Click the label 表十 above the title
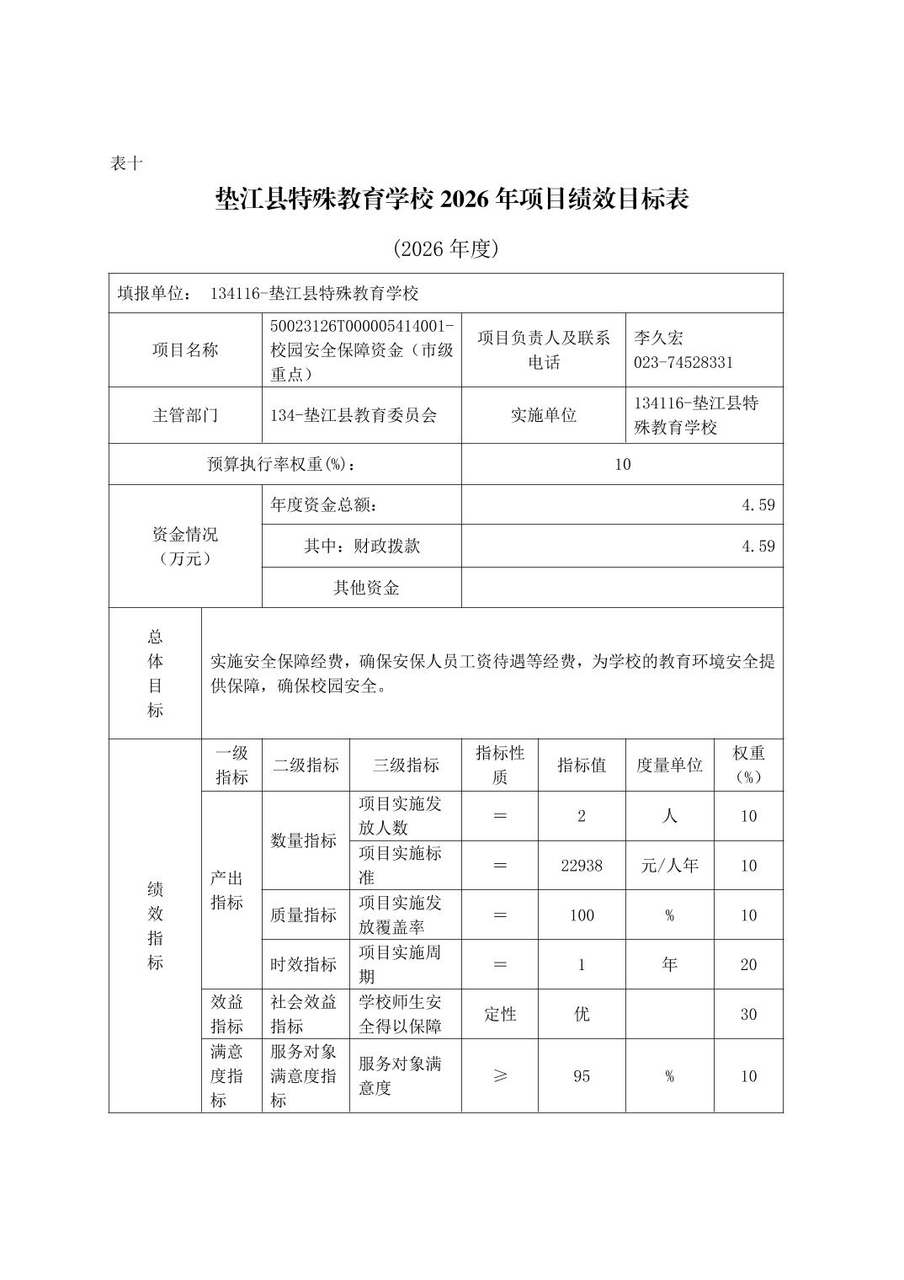click(x=126, y=163)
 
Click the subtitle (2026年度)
click(x=446, y=248)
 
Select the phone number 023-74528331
click(x=683, y=362)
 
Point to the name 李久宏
click(x=658, y=338)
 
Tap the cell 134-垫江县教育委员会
click(x=354, y=415)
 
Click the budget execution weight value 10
click(x=622, y=464)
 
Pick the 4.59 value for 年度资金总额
click(x=758, y=504)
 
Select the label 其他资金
click(x=366, y=588)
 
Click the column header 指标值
click(x=581, y=765)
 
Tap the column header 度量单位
click(x=669, y=765)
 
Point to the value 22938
click(x=582, y=865)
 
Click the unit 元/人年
click(x=669, y=865)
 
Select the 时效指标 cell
click(x=303, y=964)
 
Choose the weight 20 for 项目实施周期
click(x=748, y=964)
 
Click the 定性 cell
click(x=500, y=1014)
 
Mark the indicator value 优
click(x=582, y=1014)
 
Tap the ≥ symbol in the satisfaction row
click(x=500, y=1075)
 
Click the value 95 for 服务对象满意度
click(x=582, y=1075)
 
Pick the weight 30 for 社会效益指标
click(x=748, y=1014)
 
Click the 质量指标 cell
click(x=303, y=915)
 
